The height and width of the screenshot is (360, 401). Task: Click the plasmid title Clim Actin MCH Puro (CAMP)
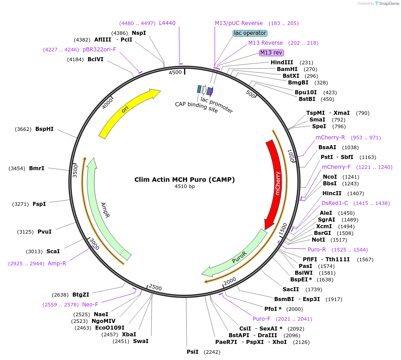(x=184, y=180)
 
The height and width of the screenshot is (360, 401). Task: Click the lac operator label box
(x=250, y=33)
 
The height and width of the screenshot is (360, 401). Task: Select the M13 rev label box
(x=272, y=53)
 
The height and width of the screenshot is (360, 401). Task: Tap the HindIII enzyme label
(x=282, y=63)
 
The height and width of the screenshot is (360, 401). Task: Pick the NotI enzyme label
(x=318, y=239)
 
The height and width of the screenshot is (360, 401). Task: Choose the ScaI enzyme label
(x=53, y=251)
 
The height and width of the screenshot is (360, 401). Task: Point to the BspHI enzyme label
(x=44, y=129)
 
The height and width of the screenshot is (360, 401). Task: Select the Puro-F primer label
(x=262, y=319)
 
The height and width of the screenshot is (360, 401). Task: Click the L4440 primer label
(x=167, y=23)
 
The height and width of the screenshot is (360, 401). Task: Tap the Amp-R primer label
(x=57, y=264)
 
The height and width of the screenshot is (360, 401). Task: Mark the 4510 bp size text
(x=184, y=187)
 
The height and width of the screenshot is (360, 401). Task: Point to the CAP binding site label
(x=196, y=107)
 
